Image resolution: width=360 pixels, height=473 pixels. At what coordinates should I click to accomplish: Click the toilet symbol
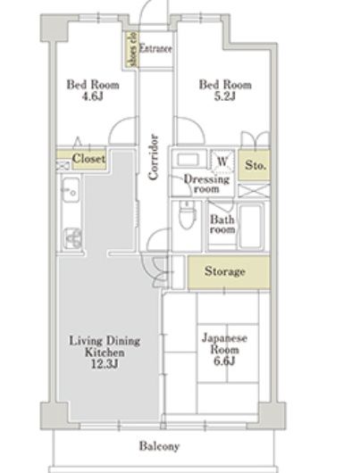185,215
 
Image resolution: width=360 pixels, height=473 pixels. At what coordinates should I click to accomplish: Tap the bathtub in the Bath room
250,226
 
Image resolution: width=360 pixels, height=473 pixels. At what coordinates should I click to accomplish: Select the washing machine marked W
222,162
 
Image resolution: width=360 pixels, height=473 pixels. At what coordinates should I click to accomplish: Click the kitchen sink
71,190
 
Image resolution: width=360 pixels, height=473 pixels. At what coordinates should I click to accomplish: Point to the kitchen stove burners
72,238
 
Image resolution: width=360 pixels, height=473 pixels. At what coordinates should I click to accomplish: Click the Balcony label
159,446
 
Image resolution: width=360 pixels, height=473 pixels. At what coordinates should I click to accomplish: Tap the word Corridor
154,157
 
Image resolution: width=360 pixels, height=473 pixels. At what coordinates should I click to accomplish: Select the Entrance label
155,48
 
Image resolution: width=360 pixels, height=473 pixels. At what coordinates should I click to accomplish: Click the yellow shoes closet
131,49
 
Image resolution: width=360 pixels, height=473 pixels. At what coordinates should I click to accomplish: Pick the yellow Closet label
88,159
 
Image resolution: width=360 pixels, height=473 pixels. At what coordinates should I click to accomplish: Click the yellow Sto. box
254,165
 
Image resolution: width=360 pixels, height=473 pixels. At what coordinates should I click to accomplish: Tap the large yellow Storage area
229,272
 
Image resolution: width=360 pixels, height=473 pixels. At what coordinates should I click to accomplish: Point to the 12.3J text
105,364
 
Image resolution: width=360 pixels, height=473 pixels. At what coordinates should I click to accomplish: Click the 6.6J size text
224,361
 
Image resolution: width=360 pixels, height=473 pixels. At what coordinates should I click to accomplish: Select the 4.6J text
92,96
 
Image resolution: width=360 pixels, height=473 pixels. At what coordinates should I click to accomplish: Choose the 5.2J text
225,96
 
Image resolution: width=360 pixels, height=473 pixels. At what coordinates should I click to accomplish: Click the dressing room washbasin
188,159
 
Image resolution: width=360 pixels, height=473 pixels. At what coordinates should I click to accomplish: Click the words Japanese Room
224,344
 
